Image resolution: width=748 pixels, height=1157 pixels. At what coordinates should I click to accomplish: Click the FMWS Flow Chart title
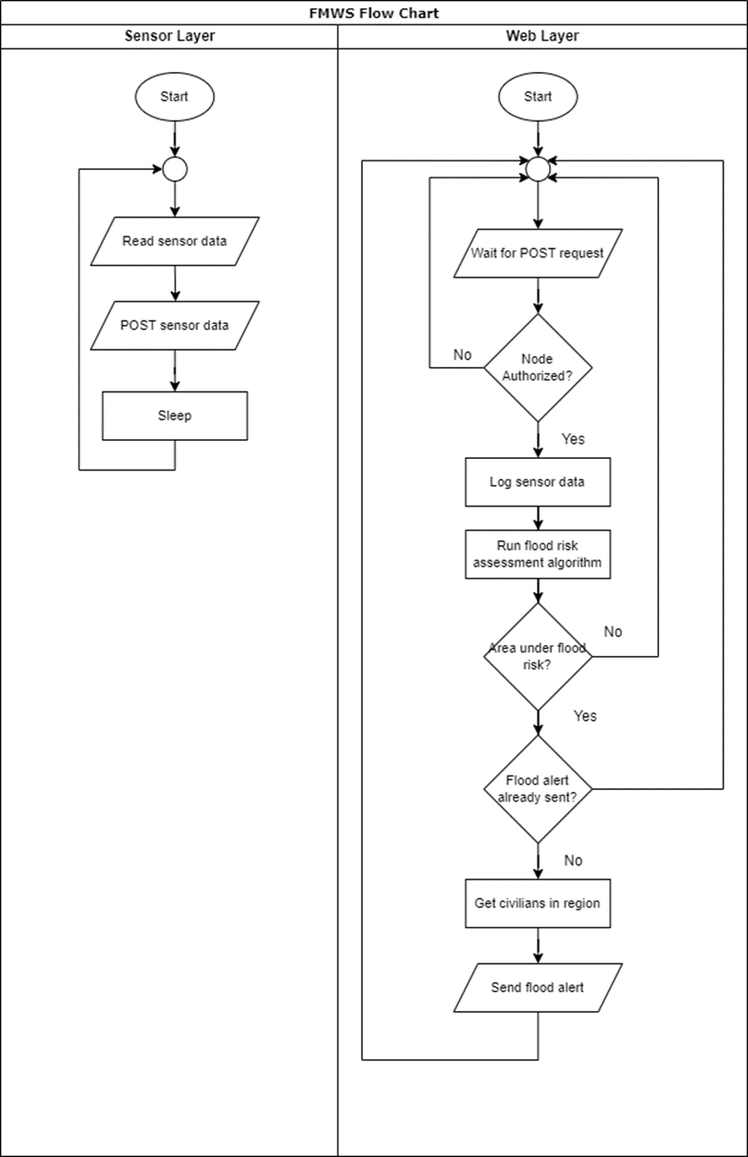tap(374, 13)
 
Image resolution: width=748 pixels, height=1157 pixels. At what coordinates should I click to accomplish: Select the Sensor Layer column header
tap(169, 36)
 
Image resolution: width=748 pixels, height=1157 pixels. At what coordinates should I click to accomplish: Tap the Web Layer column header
tap(543, 36)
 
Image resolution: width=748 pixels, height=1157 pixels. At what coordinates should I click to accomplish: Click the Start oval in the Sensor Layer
tap(175, 97)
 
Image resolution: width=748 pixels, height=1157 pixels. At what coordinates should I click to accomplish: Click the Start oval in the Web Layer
tap(538, 97)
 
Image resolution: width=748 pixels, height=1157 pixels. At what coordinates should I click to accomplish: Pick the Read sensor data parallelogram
tap(175, 241)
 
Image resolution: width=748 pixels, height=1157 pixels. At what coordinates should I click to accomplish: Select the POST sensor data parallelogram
tap(175, 325)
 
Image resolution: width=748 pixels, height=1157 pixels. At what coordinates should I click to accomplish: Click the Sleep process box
tap(175, 416)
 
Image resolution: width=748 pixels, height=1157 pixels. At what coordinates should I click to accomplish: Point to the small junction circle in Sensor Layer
tap(175, 169)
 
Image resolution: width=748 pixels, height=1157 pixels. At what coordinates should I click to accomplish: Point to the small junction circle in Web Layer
tap(538, 169)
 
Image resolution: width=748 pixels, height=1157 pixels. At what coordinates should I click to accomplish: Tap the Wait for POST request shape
tap(538, 253)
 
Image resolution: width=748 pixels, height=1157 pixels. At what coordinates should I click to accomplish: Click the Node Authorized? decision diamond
tap(538, 367)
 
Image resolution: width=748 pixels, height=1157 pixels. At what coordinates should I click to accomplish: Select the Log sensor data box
tap(538, 482)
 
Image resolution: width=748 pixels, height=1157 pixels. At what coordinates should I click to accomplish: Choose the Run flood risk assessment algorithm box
tap(538, 554)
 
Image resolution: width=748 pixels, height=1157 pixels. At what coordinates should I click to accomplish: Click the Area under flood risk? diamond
tap(538, 656)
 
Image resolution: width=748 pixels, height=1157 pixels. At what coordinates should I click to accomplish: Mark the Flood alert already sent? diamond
tap(538, 789)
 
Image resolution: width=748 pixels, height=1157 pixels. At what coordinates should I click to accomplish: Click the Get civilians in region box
tap(538, 903)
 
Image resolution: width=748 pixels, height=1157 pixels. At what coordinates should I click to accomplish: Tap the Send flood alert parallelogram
tap(538, 988)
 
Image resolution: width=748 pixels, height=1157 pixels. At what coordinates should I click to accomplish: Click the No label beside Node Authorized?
tap(463, 355)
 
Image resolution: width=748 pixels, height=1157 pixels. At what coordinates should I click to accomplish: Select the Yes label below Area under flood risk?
tap(585, 716)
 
